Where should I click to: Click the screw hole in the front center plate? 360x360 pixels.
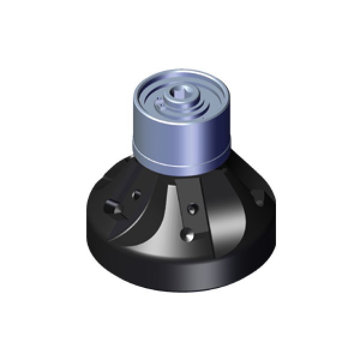click(192, 209)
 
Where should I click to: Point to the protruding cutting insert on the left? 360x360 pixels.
click(110, 208)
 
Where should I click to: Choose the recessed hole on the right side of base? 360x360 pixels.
click(259, 196)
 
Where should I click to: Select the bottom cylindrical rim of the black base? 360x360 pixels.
click(180, 276)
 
